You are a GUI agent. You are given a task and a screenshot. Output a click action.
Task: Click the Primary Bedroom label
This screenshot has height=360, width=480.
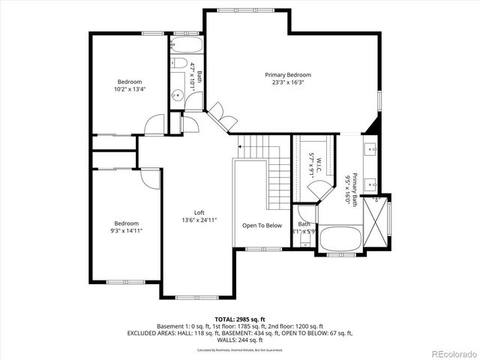coord(288,75)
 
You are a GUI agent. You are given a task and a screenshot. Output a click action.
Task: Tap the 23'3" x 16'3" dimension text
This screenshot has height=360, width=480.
coord(288,84)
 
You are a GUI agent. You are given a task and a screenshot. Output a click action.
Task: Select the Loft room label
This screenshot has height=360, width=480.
coord(199,211)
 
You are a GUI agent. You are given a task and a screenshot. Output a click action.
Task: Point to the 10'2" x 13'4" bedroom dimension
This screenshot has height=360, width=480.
coord(129,89)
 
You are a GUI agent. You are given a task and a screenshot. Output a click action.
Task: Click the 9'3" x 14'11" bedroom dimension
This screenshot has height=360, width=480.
coord(126,231)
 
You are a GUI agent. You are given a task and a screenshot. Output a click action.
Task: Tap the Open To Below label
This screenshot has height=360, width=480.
coord(261,225)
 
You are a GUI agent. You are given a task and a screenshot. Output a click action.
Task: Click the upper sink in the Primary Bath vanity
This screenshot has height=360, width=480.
coord(371,148)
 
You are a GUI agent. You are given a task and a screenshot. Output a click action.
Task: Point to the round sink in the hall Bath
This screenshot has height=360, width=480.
coord(178,94)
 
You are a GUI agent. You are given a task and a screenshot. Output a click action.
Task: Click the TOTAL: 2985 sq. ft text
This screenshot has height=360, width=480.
coord(240,319)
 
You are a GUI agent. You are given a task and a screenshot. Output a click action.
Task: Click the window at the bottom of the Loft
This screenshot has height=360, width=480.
coord(198,298)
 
